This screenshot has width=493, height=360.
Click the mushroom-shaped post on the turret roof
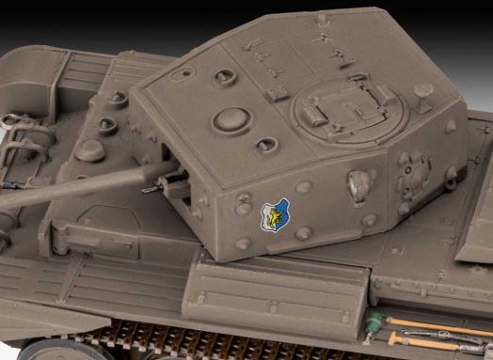(x=422, y=91)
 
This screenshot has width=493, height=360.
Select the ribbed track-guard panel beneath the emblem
(x=282, y=282)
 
